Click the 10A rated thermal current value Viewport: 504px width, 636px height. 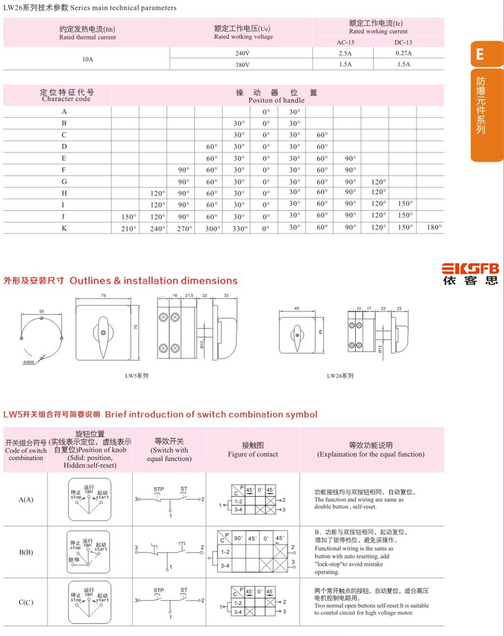click(87, 58)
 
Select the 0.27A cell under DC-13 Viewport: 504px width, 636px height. click(403, 53)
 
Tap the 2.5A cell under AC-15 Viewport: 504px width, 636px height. click(344, 53)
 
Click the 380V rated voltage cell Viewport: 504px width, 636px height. click(242, 64)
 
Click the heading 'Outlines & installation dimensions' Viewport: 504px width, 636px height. click(154, 281)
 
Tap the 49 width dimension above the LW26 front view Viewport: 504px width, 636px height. click(296, 308)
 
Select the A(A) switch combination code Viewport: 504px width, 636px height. click(26, 500)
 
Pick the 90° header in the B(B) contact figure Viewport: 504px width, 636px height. click(239, 539)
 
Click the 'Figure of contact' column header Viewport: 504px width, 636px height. click(253, 454)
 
